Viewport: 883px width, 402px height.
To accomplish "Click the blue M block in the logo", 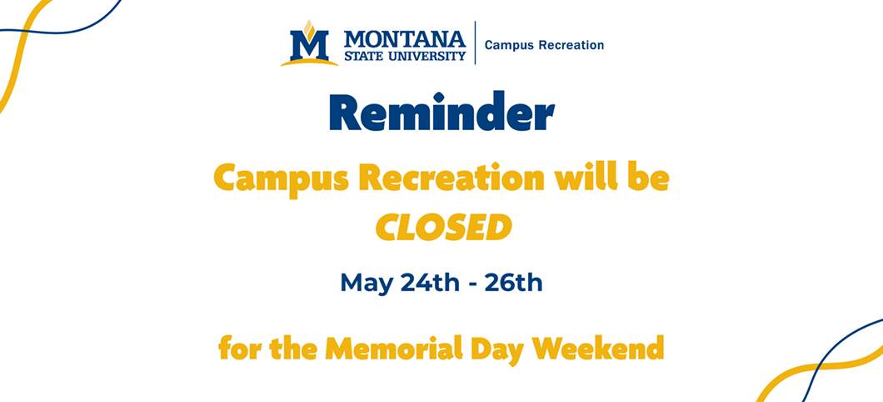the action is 309,45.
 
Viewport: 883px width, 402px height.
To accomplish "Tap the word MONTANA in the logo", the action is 405,39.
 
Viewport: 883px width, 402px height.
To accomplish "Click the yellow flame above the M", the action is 308,28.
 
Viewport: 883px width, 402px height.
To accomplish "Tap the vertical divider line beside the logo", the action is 476,43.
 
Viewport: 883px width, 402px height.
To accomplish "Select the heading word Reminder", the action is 442,112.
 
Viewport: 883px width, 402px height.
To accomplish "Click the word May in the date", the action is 367,284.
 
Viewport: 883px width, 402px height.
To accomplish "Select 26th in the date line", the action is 513,283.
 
